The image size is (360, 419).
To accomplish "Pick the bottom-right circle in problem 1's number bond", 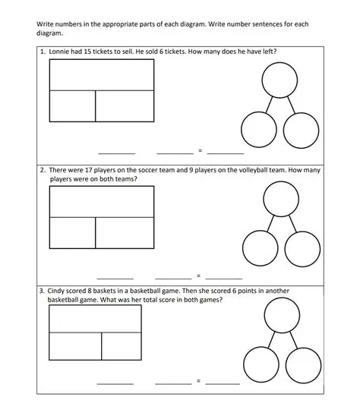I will pos(301,130).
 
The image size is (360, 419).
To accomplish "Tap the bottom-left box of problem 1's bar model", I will pos(72,106).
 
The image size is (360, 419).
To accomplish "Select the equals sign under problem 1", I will pos(200,151).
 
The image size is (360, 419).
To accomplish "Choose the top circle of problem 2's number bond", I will pos(280,200).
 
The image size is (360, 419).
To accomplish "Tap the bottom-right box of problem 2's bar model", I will pos(125,232).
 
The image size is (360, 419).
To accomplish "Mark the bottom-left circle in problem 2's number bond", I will pos(259,248).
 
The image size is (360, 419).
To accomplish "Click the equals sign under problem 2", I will pos(198,276).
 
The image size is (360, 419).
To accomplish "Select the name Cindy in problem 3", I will pos(58,291).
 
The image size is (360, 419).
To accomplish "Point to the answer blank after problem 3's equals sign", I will pos(223,382).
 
